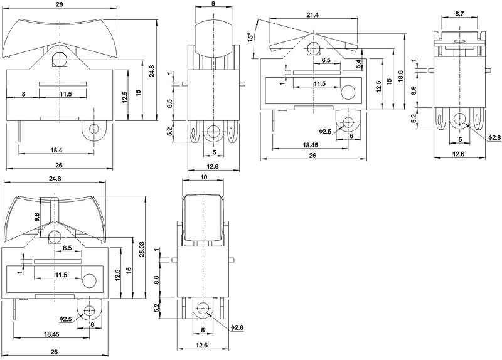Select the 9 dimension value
[x=213, y=4]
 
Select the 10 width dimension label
[x=203, y=177]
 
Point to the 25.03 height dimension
[x=142, y=249]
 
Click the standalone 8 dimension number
[x=23, y=94]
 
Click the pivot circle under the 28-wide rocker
[x=60, y=60]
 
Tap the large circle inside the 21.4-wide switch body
[x=347, y=95]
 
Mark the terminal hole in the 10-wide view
[x=203, y=309]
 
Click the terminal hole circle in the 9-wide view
[x=213, y=131]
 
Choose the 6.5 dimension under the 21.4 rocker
[x=326, y=60]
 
